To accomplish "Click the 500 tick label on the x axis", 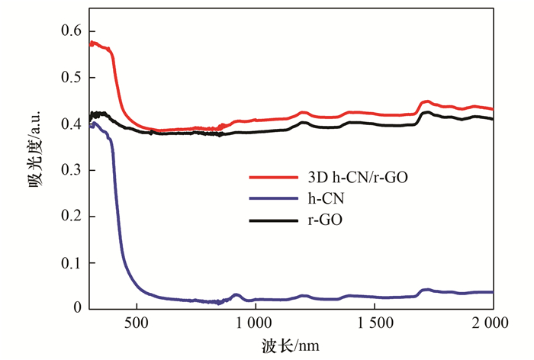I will tap(137, 323).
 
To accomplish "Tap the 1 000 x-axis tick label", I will tap(255, 323).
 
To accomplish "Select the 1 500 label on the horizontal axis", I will tap(375, 323).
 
